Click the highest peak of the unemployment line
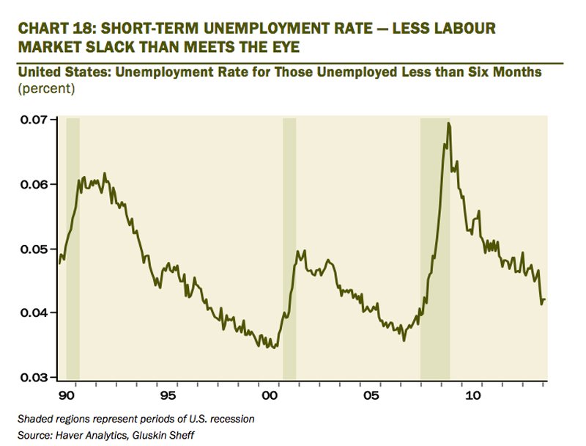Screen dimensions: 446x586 [x=448, y=124]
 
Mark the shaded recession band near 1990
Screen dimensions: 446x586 [x=73, y=249]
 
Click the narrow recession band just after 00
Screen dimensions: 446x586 [x=289, y=249]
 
